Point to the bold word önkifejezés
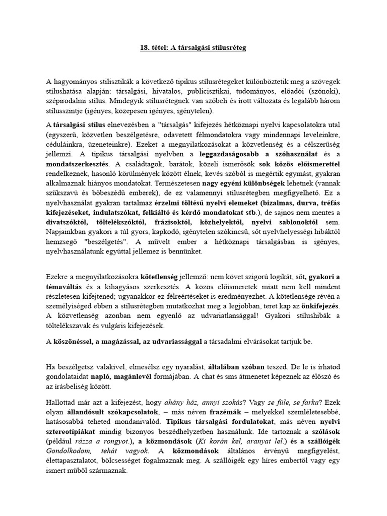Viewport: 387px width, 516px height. (x=320, y=306)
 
